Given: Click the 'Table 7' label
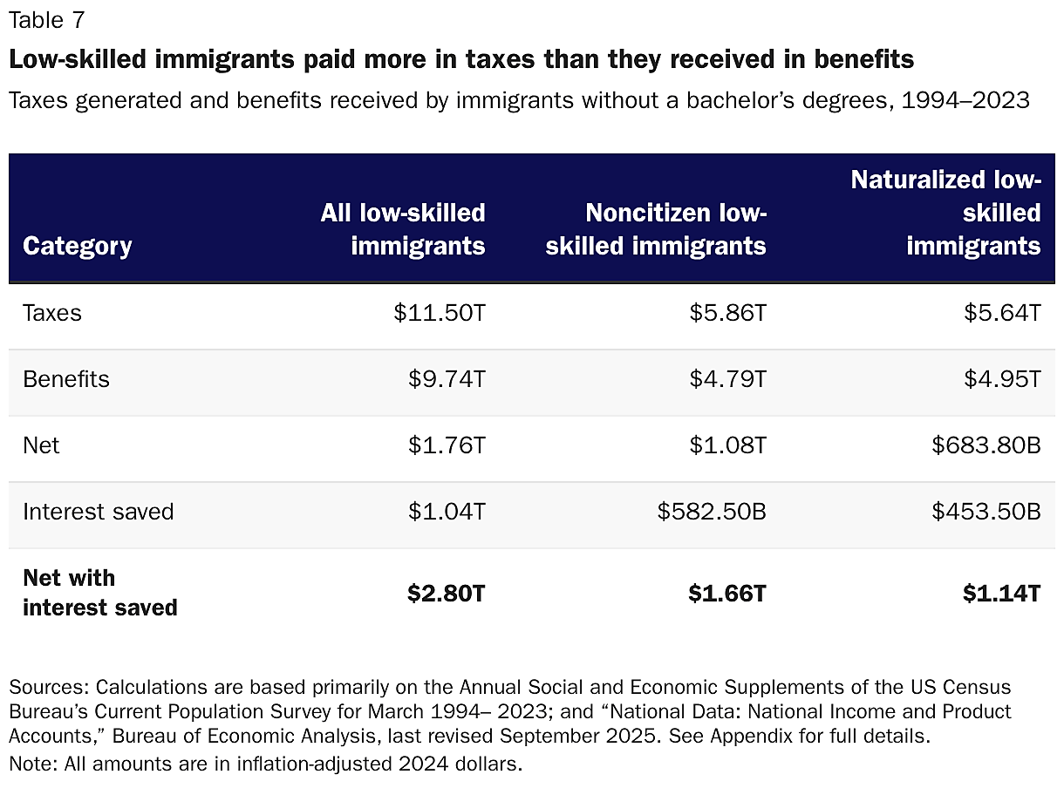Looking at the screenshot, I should [x=48, y=19].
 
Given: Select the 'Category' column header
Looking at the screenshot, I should [x=77, y=246].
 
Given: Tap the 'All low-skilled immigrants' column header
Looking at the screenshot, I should [x=402, y=229].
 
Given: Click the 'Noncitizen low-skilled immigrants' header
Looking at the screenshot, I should [x=656, y=229].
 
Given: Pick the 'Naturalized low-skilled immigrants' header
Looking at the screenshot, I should [x=946, y=213].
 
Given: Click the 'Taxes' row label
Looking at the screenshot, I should [x=52, y=313].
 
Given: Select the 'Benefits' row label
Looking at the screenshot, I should [x=66, y=379].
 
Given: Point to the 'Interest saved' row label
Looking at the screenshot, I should [x=99, y=512].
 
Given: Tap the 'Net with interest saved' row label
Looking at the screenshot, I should [x=99, y=593].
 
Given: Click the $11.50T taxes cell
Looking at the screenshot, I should [x=439, y=313].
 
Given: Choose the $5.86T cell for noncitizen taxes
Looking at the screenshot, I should [x=727, y=313].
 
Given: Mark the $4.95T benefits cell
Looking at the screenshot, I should [x=1002, y=379].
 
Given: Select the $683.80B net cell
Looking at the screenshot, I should [x=986, y=445].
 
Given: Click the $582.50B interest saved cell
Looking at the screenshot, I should [x=712, y=512].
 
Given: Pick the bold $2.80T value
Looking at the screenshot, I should [x=446, y=594].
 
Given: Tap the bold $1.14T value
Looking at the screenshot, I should [x=1001, y=594].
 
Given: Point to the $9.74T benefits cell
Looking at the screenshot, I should [x=447, y=379].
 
